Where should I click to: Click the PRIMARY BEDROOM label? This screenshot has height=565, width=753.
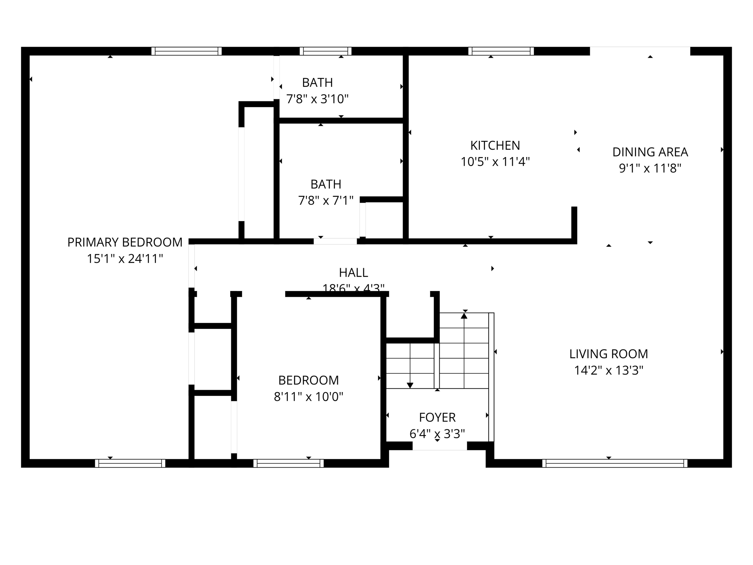[125, 242]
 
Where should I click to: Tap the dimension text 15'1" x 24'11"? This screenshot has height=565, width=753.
[125, 259]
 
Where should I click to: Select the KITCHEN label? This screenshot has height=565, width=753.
[495, 146]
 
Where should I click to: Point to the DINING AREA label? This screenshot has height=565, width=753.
[650, 152]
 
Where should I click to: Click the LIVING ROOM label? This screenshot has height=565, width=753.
[609, 354]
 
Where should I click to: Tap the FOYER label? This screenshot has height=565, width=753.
[437, 417]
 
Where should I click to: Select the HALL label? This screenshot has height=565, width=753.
[353, 273]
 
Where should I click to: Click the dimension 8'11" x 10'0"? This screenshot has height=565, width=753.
[308, 397]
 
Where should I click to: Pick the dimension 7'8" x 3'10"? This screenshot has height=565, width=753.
[317, 99]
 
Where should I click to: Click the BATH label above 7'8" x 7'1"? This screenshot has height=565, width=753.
[326, 184]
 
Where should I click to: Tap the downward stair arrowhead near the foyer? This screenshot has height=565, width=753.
[410, 385]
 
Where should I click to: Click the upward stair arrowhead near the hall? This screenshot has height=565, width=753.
[464, 316]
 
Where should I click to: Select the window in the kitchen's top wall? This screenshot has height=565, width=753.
[501, 51]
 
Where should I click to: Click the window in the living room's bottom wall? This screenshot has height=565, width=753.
[614, 463]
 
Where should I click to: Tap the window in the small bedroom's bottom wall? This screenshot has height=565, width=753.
[288, 463]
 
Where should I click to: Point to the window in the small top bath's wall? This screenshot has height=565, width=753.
[325, 51]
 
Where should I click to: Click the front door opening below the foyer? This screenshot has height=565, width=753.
[439, 446]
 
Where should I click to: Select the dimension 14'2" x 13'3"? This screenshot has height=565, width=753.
[609, 370]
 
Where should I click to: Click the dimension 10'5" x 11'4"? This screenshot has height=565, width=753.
[495, 162]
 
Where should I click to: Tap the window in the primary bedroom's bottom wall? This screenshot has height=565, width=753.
[130, 463]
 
